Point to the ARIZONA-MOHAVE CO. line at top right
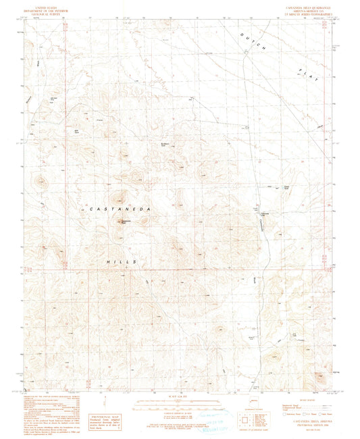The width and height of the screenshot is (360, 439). tap(302, 9)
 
